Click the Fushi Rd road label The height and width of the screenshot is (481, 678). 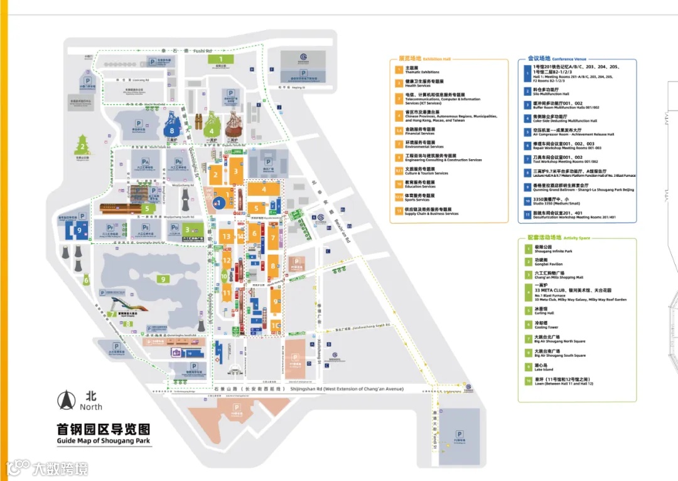[x=202, y=50]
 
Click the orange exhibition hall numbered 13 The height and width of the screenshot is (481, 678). [x=227, y=236]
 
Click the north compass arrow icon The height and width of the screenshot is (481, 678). [x=65, y=399]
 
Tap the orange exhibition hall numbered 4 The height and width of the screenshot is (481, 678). [x=264, y=189]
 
